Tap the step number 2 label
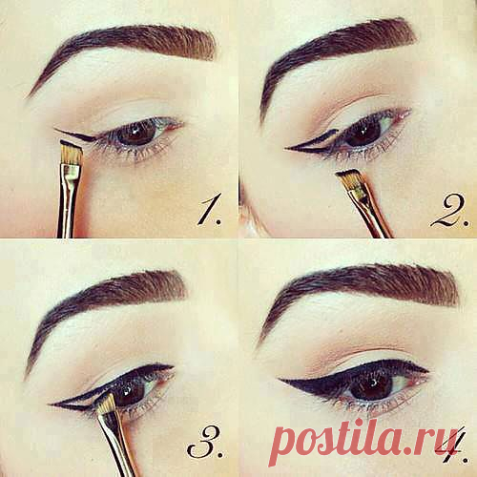(x=449, y=211)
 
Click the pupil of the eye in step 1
(x=136, y=134)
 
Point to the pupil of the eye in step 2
(x=362, y=134)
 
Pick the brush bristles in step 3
(x=107, y=404)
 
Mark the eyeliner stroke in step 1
(x=75, y=135)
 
